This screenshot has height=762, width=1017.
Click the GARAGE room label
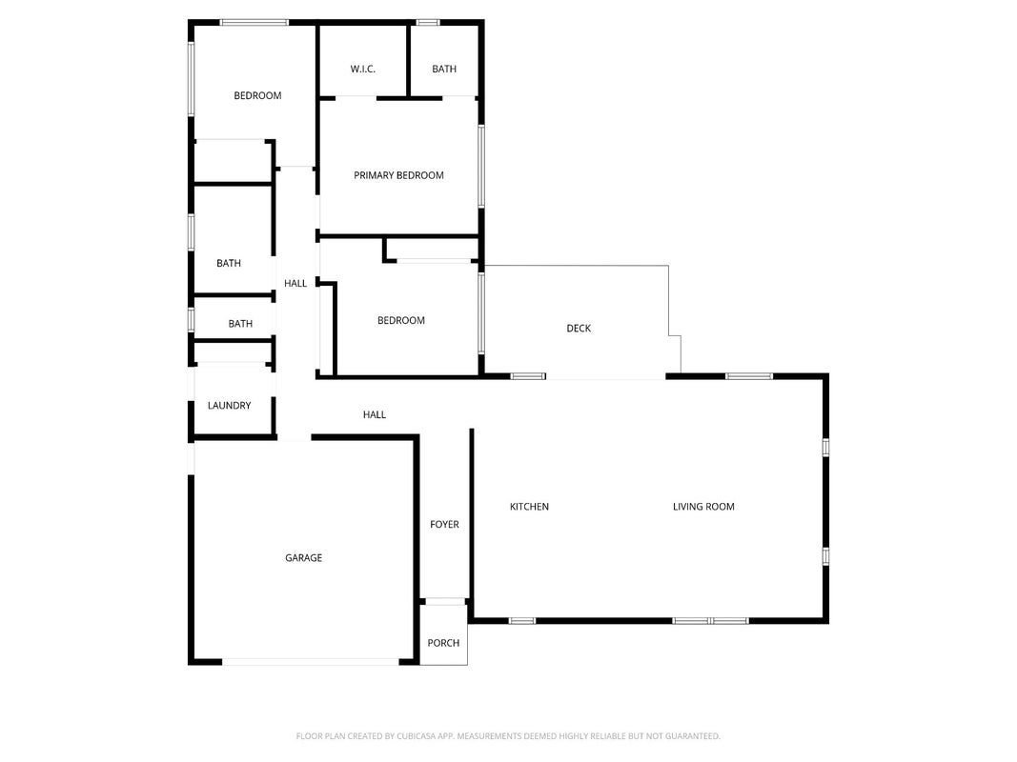coord(303,558)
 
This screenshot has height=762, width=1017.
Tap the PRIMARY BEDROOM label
coord(398,175)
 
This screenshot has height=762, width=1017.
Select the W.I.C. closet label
coord(362,70)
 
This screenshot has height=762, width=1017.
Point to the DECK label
coord(579,329)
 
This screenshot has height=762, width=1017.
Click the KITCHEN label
coord(529,507)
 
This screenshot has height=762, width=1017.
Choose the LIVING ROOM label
coord(703,507)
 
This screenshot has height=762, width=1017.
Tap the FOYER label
coord(444,524)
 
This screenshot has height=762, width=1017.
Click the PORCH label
coord(443,643)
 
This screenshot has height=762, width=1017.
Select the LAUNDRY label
coord(229,406)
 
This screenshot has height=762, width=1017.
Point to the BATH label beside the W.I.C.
coord(444,70)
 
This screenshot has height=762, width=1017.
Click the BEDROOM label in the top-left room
coord(257,96)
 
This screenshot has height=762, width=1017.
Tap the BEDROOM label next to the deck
coord(401,321)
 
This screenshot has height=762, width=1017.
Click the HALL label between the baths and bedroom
coord(295,283)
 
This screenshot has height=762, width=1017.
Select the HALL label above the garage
coord(375,414)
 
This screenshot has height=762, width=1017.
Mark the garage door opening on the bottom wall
coord(311,662)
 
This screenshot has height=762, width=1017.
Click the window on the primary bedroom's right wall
coord(481,167)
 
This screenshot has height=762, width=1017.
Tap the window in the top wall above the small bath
coord(428,23)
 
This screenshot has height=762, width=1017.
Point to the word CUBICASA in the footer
coord(421,736)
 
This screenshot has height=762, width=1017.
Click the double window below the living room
coord(710,621)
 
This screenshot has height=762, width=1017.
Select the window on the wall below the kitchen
coord(522,621)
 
